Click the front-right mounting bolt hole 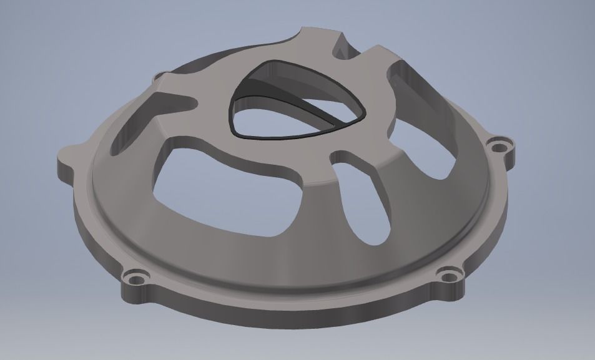pyautogui.click(x=446, y=273)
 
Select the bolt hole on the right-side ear pyautogui.click(x=498, y=148)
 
